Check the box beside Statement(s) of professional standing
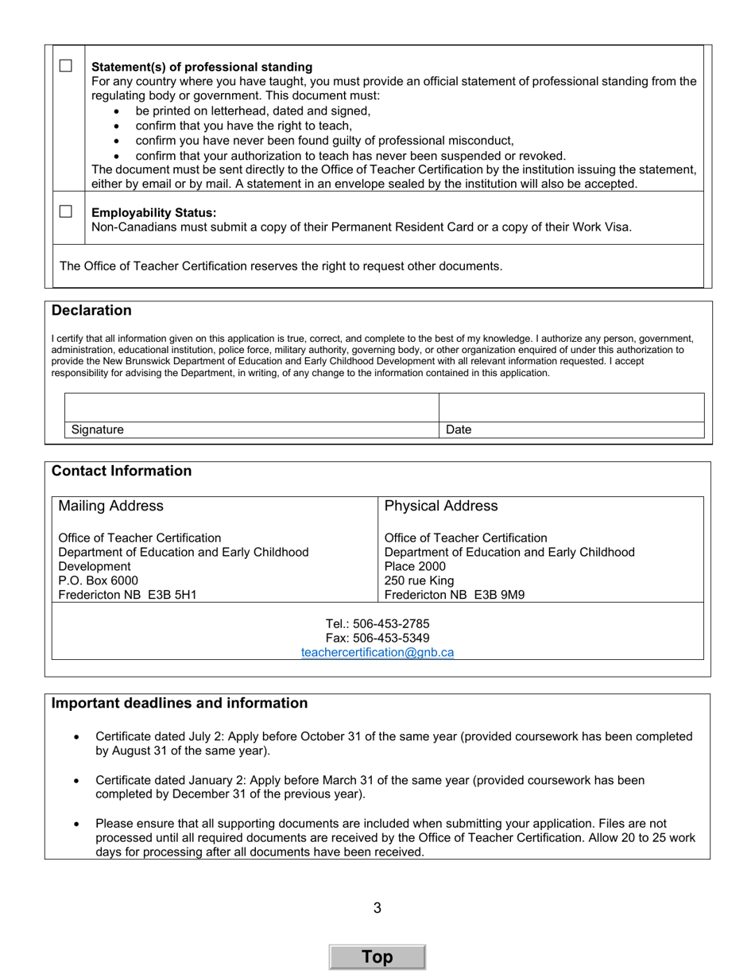[x=66, y=66]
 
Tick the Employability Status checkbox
[x=66, y=212]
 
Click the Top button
[x=377, y=957]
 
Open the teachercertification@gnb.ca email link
[x=377, y=652]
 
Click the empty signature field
[x=251, y=407]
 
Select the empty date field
[x=571, y=407]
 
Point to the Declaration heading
[x=91, y=310]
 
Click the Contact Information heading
[x=122, y=471]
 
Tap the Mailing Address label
[x=110, y=506]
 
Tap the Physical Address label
[x=441, y=506]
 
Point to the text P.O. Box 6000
[x=98, y=580]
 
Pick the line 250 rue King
[x=419, y=580]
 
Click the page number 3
[x=377, y=907]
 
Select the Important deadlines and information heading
[x=180, y=703]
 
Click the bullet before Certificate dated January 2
[x=76, y=781]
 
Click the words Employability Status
[x=153, y=212]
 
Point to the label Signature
[x=98, y=429]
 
